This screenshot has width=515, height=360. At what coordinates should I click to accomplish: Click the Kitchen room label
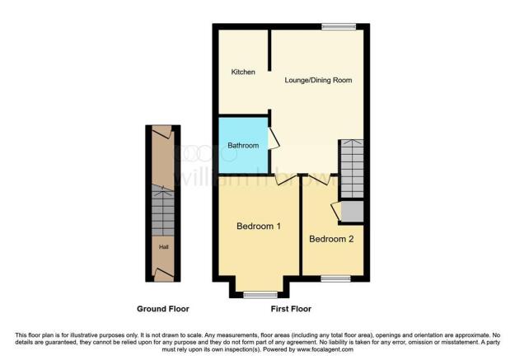[243, 72]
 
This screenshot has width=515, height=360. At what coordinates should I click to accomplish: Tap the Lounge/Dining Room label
[318, 81]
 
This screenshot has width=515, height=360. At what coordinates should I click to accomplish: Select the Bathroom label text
[243, 146]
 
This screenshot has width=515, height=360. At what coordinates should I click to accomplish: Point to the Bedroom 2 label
[331, 240]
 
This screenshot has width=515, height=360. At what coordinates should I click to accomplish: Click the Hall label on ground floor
[163, 245]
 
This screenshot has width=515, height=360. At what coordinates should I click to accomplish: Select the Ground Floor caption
[163, 309]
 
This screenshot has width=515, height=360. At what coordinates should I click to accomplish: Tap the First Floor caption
[291, 309]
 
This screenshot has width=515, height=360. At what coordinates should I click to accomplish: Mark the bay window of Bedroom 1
[260, 294]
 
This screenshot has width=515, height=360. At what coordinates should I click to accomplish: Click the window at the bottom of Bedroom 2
[334, 278]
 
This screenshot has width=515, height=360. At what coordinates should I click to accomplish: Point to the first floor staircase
[352, 169]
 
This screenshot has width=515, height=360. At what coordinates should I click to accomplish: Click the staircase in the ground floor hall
[162, 212]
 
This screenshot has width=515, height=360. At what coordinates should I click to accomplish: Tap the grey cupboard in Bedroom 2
[352, 212]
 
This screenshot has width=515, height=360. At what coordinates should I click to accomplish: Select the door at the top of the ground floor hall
[162, 132]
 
